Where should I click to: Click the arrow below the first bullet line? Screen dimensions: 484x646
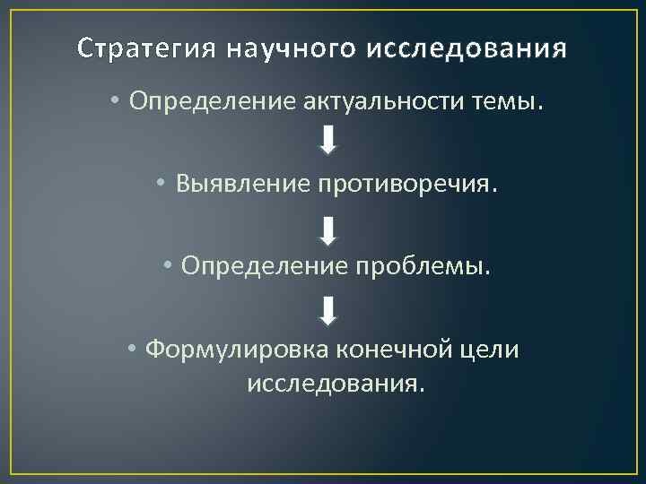328,140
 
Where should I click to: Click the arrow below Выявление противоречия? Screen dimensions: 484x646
328,231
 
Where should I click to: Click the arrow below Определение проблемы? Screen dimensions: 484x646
328,311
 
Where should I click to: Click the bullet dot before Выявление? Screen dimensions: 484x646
159,185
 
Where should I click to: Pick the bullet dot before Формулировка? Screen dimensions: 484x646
131,350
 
